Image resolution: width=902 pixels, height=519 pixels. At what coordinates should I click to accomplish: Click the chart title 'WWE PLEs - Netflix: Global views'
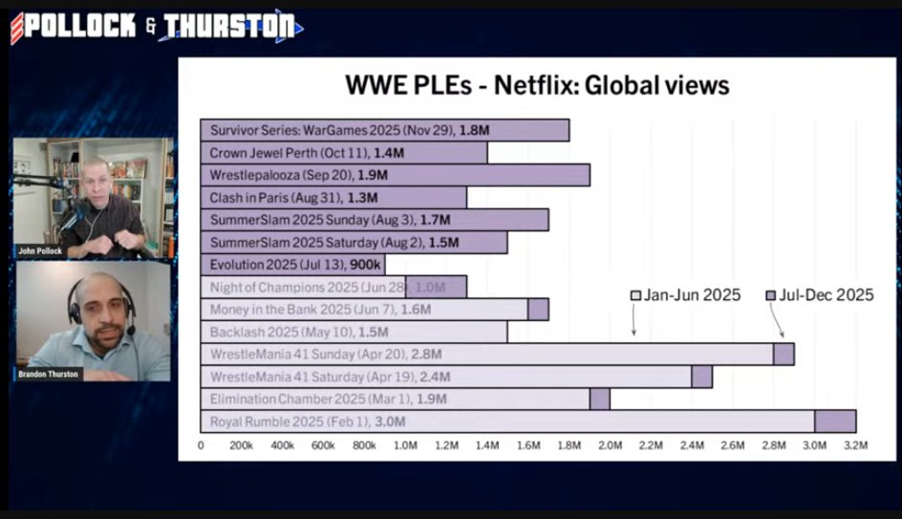537,86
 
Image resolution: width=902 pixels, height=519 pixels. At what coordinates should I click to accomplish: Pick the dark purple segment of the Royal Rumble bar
834,422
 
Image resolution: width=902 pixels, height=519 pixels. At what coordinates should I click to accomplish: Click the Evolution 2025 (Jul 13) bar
292,265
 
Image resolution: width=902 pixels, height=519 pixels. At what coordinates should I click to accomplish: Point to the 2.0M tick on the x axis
610,445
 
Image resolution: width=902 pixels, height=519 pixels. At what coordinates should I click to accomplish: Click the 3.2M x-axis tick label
855,445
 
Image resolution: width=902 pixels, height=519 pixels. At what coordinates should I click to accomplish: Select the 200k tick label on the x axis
241,445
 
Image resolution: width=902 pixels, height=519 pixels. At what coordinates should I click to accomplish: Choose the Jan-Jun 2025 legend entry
685,295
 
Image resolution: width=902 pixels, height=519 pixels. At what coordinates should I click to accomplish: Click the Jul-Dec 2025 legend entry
819,295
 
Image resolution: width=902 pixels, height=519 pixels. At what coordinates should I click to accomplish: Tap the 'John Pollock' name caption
40,251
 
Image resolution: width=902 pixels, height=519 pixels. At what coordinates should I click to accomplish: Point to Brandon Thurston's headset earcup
75,314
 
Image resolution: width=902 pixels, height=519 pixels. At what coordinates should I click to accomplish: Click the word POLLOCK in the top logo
81,27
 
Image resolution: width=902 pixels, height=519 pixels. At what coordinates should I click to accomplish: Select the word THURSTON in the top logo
229,27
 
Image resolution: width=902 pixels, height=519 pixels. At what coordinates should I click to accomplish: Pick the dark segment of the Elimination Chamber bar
599,399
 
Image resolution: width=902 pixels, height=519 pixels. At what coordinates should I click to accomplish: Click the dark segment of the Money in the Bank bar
538,310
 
